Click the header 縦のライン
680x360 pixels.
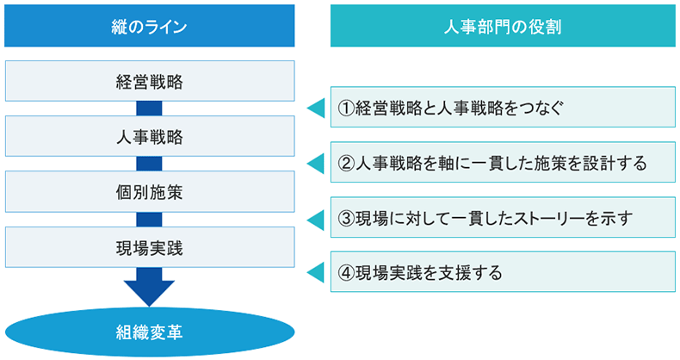coord(149,27)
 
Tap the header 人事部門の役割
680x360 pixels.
coord(504,27)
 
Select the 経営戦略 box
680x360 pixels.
coord(149,82)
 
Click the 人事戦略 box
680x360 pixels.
coord(149,137)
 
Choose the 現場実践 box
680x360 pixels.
coord(149,247)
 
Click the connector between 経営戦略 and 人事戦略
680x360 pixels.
coord(149,109)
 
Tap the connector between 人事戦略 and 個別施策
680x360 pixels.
coord(149,164)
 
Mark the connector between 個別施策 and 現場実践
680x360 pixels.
coord(149,220)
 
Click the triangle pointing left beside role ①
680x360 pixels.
coord(316,108)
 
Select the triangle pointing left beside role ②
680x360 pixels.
coord(316,163)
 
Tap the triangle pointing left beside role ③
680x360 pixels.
coord(316,218)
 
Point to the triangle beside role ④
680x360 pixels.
coord(316,272)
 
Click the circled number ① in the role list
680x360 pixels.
coord(346,108)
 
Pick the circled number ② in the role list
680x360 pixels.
coord(346,163)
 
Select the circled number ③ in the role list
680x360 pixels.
coord(346,218)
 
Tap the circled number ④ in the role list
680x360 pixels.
coord(346,272)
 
